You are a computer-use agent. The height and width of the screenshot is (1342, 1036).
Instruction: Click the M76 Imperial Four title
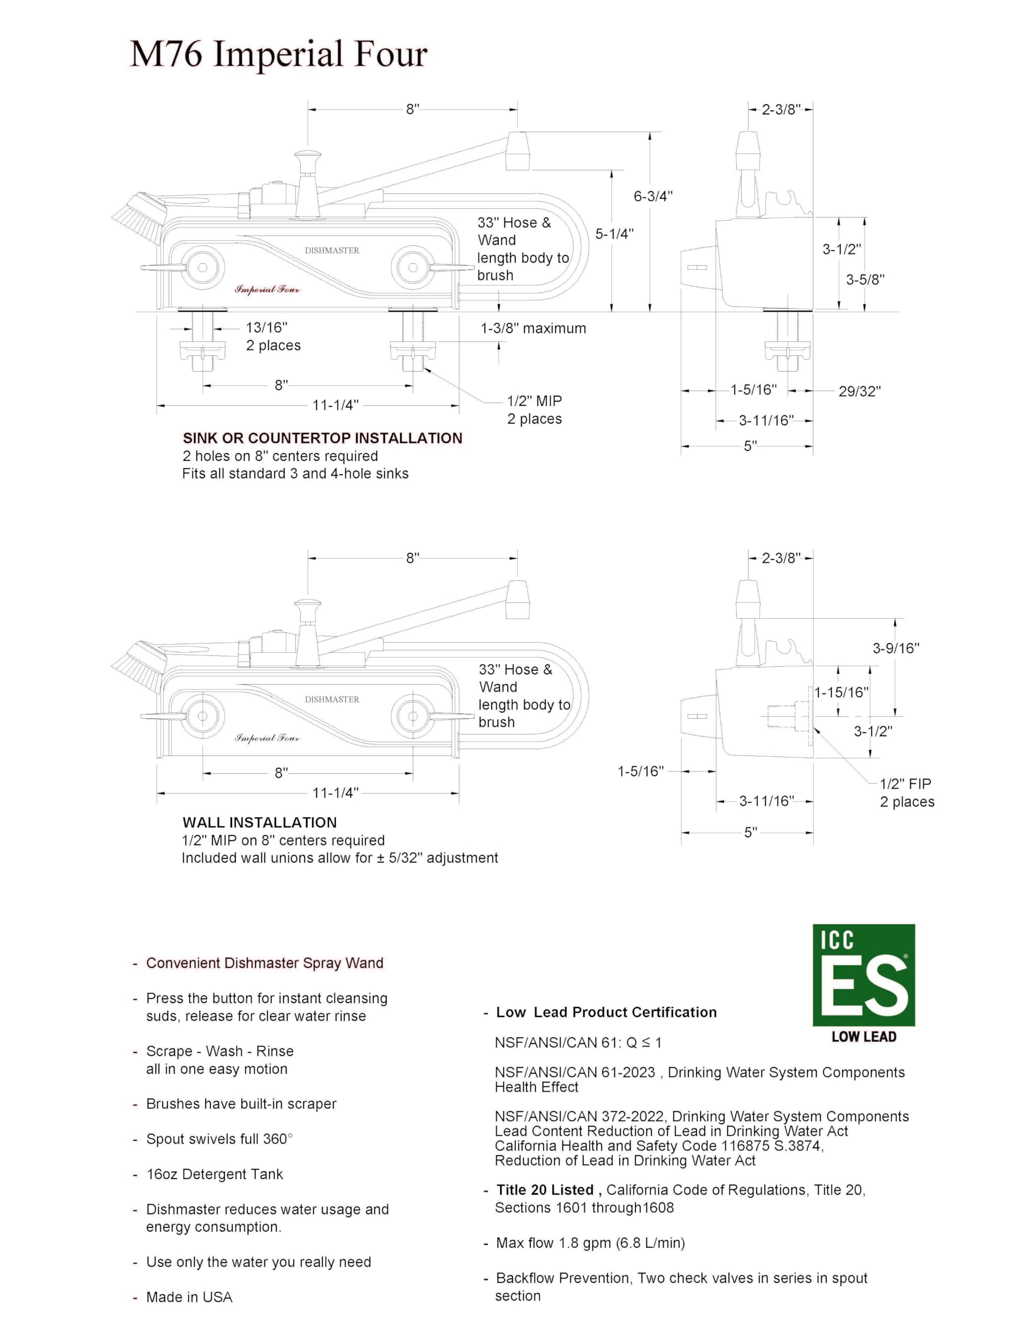coord(278,54)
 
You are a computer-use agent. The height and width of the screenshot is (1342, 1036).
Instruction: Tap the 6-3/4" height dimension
coord(653,197)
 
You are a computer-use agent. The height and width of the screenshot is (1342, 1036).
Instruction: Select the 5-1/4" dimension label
coord(614,234)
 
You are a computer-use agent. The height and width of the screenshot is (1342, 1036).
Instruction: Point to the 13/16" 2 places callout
coord(273,337)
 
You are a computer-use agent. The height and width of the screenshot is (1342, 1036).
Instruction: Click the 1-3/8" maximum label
coord(533,329)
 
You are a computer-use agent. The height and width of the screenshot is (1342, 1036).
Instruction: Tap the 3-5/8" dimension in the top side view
coord(865,279)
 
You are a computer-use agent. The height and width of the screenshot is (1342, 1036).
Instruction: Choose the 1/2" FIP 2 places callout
coord(907,793)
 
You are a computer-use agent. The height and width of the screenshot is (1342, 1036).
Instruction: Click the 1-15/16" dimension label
coord(841,692)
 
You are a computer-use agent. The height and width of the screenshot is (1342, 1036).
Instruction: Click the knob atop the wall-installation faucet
coord(307,608)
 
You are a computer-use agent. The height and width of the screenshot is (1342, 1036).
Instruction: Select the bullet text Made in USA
coord(189,1297)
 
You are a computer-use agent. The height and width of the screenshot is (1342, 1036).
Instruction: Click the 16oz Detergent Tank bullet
coord(214,1174)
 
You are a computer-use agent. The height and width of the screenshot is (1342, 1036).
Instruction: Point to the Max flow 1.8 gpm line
coord(590,1243)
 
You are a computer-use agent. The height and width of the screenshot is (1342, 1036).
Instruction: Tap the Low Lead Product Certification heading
coord(606,1012)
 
